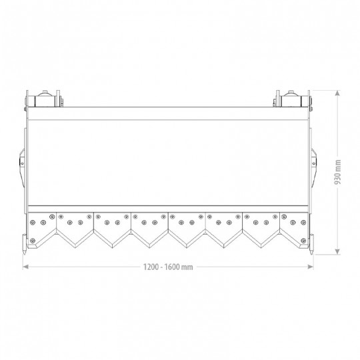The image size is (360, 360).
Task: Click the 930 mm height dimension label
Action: coord(337,172)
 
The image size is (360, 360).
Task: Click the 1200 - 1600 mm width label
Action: coord(168,267)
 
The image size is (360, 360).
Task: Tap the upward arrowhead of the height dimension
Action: coord(337,93)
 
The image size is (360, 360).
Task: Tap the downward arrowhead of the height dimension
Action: coord(337,251)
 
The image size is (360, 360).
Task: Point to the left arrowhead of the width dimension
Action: coord(26,267)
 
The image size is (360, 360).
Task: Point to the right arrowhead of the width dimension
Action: coord(311,267)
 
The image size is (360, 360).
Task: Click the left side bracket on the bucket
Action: coord(22,167)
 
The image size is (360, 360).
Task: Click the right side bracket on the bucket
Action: coord(314,167)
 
